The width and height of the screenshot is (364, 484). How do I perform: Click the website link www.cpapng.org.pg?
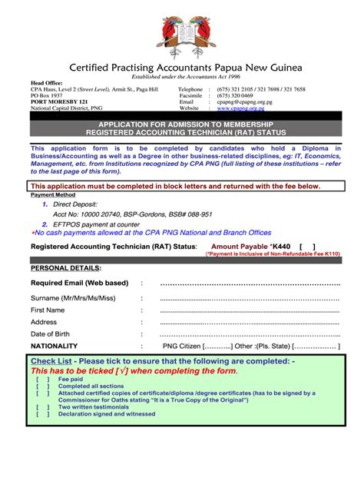245,108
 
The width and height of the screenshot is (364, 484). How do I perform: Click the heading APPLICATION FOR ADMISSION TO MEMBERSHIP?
181,124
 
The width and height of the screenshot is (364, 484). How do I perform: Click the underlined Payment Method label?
48,195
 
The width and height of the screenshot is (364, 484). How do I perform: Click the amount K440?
283,247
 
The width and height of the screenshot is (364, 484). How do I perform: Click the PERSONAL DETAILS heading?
65,268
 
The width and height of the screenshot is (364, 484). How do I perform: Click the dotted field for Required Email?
249,283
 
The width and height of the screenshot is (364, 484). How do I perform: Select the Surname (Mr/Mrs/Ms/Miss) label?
73,297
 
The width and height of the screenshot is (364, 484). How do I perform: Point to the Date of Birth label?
50,334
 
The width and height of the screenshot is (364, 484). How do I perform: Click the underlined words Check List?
51,361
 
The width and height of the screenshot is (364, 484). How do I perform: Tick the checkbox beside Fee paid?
41,379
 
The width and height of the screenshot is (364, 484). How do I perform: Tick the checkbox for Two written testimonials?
41,406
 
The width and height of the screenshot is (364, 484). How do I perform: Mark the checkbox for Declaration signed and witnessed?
41,413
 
